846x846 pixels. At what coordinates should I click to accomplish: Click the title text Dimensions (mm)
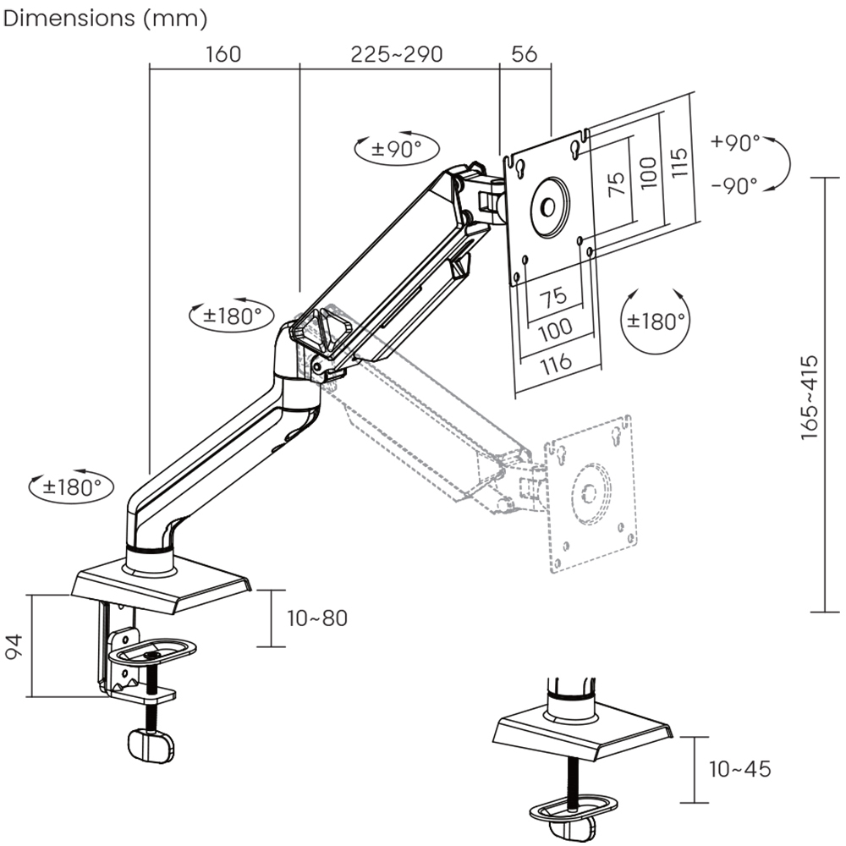(106, 18)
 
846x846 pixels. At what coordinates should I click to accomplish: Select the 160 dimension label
(222, 54)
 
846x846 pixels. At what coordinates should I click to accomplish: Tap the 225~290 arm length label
(397, 54)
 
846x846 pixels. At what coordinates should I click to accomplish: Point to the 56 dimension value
(525, 54)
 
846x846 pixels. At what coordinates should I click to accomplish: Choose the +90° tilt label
(735, 143)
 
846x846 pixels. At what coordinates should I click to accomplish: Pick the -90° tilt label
(735, 186)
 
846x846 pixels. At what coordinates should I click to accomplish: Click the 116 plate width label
(554, 362)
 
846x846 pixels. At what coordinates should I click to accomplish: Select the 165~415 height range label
(810, 396)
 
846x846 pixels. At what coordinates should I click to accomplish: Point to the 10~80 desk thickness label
(317, 618)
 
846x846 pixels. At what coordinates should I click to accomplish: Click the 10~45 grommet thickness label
(740, 769)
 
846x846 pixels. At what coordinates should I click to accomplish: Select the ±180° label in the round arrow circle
(655, 321)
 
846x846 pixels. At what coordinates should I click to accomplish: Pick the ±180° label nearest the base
(77, 487)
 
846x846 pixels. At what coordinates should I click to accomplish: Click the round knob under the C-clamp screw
(150, 745)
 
